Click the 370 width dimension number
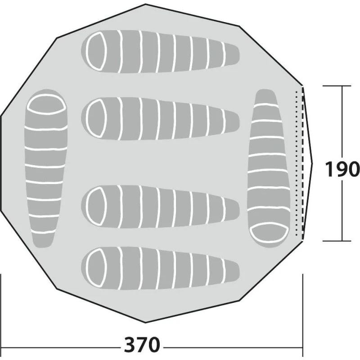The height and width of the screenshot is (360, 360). point(142,344)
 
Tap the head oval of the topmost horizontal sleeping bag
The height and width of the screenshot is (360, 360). point(96,51)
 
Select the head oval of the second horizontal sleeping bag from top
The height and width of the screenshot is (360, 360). point(96,118)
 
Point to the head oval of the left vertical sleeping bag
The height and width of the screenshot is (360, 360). point(46,104)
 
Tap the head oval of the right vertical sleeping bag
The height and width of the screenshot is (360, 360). point(269,232)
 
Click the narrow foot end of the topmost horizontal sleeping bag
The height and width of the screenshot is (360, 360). point(234,55)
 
